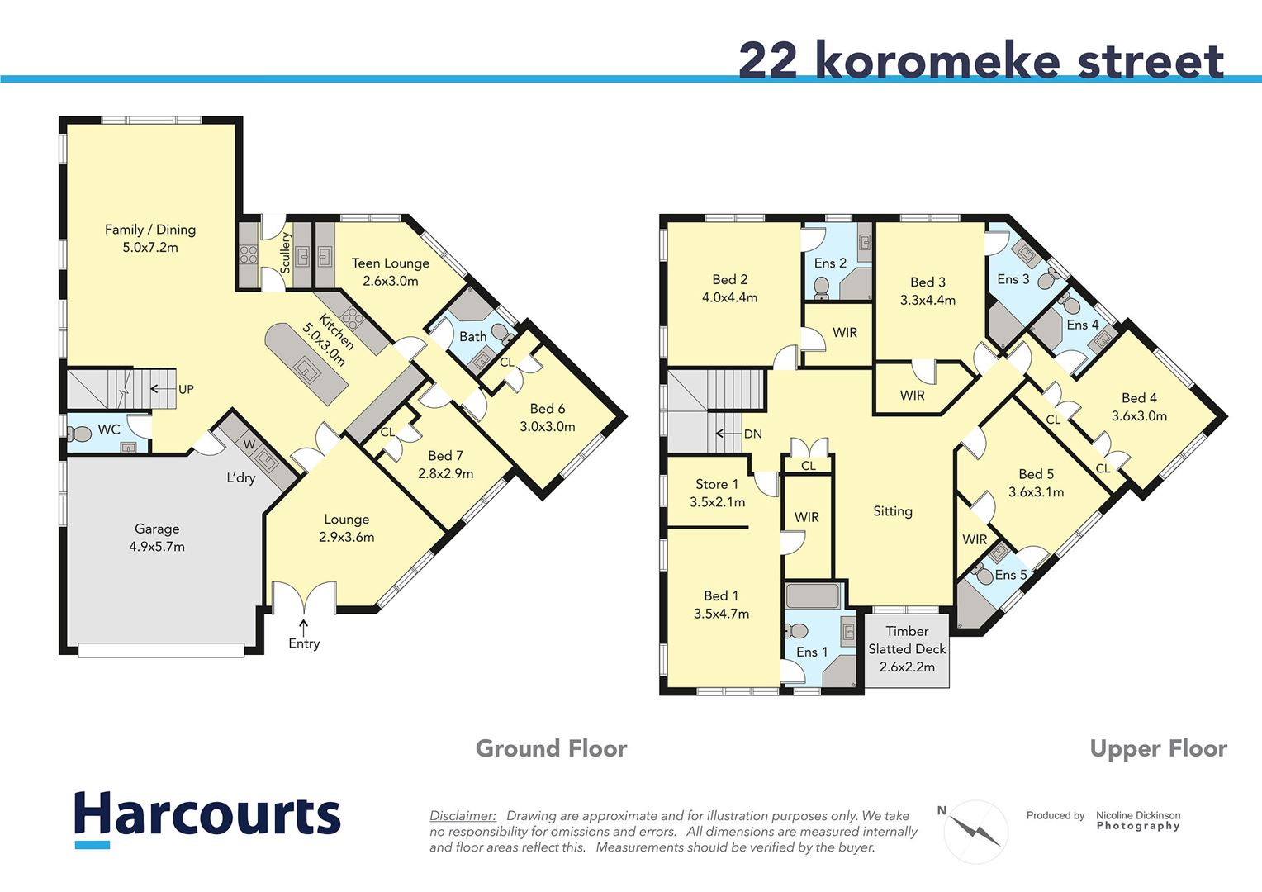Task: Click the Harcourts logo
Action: tap(207, 817)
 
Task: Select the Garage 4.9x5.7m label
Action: tap(157, 538)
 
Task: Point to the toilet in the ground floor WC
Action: tap(80, 434)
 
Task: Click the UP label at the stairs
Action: tap(186, 389)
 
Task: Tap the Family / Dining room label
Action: tap(150, 238)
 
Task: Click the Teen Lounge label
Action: tap(390, 272)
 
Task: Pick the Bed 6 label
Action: tap(547, 417)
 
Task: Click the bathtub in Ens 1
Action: tap(813, 595)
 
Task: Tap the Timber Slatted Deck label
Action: tap(907, 648)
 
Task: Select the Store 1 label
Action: tap(717, 493)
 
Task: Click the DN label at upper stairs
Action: tap(752, 434)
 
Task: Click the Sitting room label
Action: tap(893, 511)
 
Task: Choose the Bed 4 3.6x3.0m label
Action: tap(1139, 406)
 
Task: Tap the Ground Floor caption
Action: tap(551, 749)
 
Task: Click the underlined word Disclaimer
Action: tap(463, 816)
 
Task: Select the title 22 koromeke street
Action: tap(980, 60)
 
